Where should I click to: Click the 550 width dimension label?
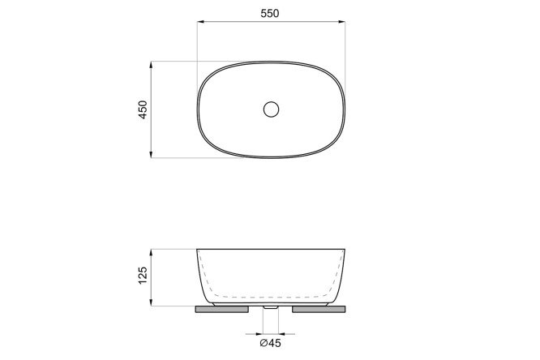(270, 14)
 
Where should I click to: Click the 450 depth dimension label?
(143, 109)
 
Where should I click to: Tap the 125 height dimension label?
(143, 275)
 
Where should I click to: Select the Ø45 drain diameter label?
(270, 343)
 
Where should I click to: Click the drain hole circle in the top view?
(271, 109)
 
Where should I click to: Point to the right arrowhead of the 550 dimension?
(341, 22)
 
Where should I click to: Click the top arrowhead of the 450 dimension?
(151, 65)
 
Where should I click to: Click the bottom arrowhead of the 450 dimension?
(151, 154)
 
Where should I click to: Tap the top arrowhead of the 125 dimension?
(151, 252)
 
